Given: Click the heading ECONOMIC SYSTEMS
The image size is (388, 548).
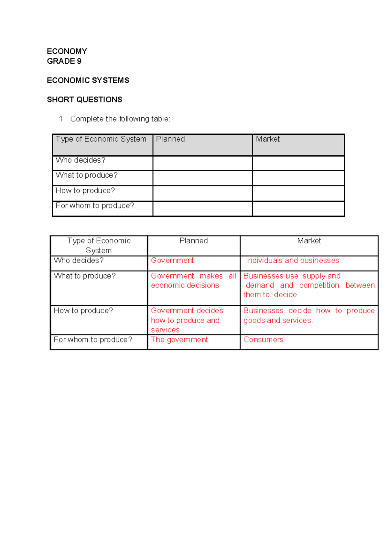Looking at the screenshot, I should (x=88, y=80).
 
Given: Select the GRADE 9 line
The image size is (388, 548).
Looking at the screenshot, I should (x=64, y=61).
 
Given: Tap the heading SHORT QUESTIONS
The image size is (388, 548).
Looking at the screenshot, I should (x=84, y=100).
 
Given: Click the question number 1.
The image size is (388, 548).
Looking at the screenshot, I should (x=61, y=119).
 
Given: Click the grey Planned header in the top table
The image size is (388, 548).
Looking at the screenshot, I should (x=170, y=139).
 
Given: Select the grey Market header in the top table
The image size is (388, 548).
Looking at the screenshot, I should (x=268, y=139).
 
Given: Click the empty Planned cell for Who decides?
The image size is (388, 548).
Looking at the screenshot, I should (x=202, y=163).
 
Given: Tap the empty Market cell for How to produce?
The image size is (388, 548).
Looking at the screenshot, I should (x=298, y=193).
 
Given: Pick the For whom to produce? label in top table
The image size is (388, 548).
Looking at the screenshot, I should (x=95, y=206).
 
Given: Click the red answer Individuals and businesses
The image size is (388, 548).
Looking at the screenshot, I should (x=292, y=260).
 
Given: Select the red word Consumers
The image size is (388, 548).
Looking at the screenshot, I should (x=263, y=340).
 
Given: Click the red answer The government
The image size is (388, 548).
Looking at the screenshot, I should (x=179, y=340).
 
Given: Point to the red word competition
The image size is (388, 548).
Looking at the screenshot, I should (x=319, y=285).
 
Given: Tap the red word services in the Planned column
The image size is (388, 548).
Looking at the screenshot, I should (x=165, y=330).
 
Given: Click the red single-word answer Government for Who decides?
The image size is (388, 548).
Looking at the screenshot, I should (x=172, y=260).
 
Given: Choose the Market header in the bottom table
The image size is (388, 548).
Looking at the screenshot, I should (x=309, y=241).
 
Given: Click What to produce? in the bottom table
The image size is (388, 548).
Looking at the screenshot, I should (x=85, y=276).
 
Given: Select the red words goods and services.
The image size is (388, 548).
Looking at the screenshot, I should (x=278, y=321).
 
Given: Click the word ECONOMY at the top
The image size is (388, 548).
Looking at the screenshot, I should (x=67, y=51).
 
